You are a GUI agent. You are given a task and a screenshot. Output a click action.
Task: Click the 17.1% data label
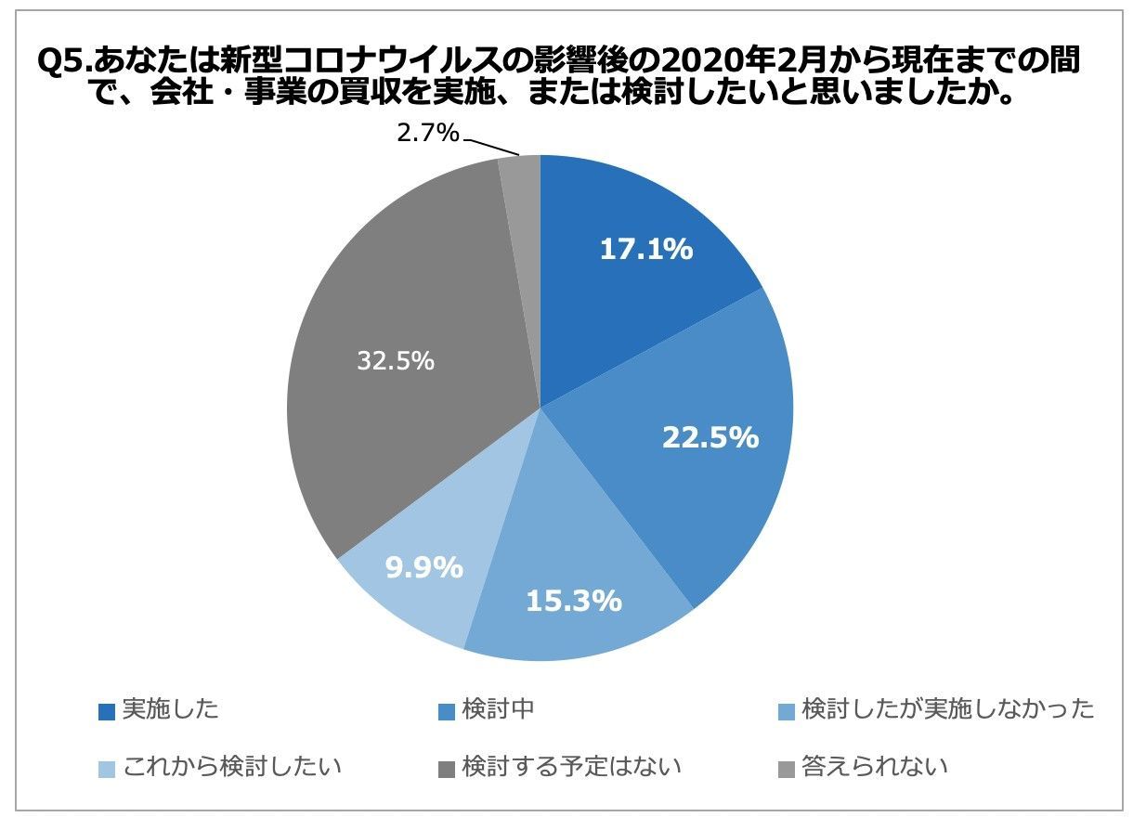coord(646,250)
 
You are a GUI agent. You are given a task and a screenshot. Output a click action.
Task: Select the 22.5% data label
coord(710,437)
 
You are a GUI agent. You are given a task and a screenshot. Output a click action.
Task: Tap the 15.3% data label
coord(573,601)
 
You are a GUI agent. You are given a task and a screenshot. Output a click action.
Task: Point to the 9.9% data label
coord(424,567)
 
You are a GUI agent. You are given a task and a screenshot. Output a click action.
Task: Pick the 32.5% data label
coord(396,361)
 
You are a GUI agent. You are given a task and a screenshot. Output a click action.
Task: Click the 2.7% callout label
coord(428,134)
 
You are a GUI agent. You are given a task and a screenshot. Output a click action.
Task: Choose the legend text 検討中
coord(498,710)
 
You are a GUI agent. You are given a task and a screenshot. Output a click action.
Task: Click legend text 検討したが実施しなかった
coord(947,710)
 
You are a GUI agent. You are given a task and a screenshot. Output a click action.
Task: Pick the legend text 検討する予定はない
coord(572,767)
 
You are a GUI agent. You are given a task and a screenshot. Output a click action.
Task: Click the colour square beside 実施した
coord(107,712)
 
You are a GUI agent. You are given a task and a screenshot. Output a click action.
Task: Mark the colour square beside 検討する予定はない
coord(446,769)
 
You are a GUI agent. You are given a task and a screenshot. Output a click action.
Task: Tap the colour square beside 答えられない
coord(785,769)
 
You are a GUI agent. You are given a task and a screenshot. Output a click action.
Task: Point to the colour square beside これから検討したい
coord(107,769)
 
